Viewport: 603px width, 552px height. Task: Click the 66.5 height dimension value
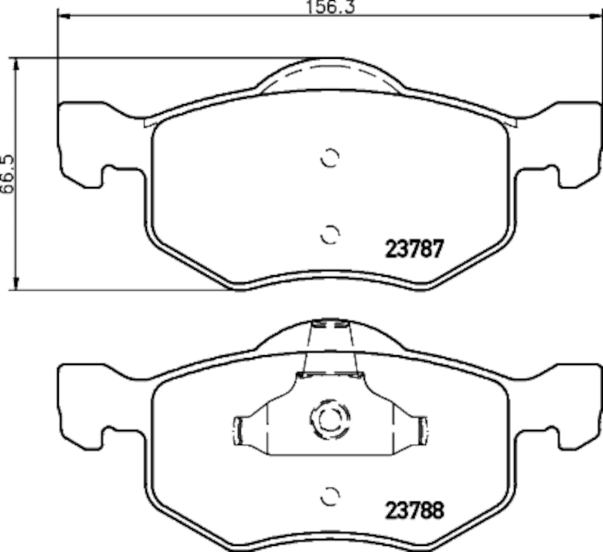click(x=7, y=176)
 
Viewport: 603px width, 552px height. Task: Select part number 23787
click(x=414, y=248)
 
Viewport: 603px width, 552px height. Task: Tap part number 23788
click(x=415, y=510)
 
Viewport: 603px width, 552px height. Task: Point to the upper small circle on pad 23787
click(x=330, y=158)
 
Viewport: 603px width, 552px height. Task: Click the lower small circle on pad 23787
click(x=329, y=235)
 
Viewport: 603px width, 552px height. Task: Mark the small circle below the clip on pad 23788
click(x=330, y=496)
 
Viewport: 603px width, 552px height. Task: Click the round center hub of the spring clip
click(x=329, y=419)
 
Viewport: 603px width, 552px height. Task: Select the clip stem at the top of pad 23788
click(x=329, y=347)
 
